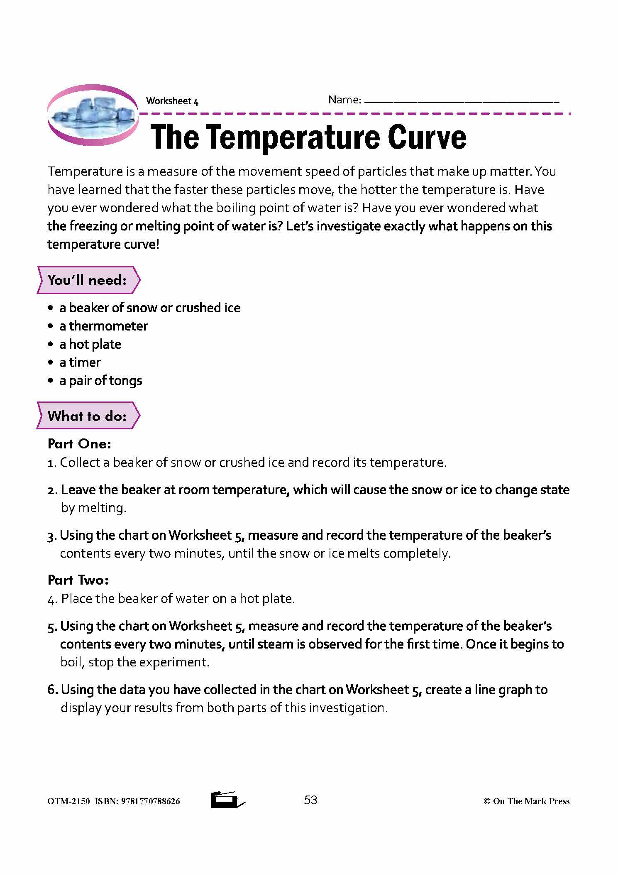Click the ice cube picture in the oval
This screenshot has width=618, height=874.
(x=93, y=114)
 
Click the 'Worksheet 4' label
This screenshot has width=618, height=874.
(x=172, y=101)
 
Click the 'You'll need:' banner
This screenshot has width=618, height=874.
(x=88, y=280)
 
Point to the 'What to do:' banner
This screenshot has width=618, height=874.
(x=88, y=416)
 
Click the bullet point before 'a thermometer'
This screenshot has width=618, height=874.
(x=51, y=326)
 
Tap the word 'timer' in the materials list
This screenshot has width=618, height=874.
(x=85, y=362)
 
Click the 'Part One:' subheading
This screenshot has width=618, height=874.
(x=79, y=444)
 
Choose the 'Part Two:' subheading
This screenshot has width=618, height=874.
(x=78, y=580)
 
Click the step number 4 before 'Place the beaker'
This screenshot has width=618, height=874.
(x=51, y=600)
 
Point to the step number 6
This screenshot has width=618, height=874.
(x=52, y=690)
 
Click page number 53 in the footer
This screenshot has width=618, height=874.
(x=310, y=800)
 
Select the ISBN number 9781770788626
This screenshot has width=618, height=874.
(x=150, y=801)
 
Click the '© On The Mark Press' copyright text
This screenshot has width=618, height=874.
(x=526, y=801)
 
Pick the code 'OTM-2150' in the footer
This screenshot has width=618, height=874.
(x=68, y=801)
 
